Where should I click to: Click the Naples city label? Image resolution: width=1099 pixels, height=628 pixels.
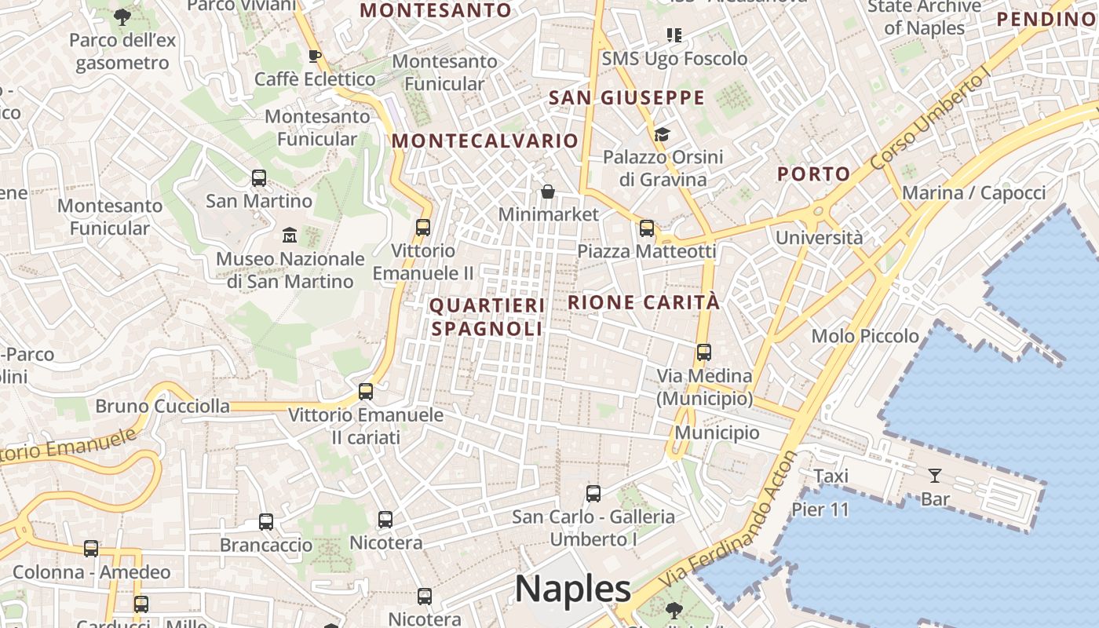pyautogui.click(x=573, y=588)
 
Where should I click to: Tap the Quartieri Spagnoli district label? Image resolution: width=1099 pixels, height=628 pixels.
pyautogui.click(x=487, y=316)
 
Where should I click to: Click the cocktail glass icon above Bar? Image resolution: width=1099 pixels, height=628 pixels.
pyautogui.click(x=934, y=475)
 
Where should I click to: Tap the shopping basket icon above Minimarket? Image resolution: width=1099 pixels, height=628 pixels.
pyautogui.click(x=548, y=192)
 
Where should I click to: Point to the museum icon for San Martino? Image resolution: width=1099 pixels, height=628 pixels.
pyautogui.click(x=290, y=235)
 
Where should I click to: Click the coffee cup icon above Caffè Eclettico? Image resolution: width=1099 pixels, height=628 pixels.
pyautogui.click(x=315, y=56)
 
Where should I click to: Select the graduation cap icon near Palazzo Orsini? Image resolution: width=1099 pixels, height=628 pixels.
pyautogui.click(x=662, y=134)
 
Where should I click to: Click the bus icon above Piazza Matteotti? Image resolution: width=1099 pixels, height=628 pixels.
pyautogui.click(x=647, y=228)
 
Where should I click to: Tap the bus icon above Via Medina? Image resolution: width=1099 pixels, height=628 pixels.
pyautogui.click(x=704, y=352)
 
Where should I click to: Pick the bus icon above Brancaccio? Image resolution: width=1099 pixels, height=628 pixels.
pyautogui.click(x=266, y=522)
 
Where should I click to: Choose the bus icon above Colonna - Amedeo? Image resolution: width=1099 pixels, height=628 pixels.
pyautogui.click(x=91, y=549)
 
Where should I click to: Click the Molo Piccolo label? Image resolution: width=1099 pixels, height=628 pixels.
pyautogui.click(x=865, y=336)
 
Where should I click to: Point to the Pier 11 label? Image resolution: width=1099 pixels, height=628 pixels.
pyautogui.click(x=820, y=509)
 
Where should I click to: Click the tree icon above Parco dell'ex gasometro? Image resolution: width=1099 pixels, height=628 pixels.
pyautogui.click(x=122, y=16)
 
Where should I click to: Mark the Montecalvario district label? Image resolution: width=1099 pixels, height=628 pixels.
pyautogui.click(x=485, y=141)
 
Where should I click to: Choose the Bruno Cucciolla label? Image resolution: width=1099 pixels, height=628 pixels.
pyautogui.click(x=162, y=406)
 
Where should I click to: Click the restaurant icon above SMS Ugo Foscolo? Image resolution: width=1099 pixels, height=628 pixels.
pyautogui.click(x=674, y=35)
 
